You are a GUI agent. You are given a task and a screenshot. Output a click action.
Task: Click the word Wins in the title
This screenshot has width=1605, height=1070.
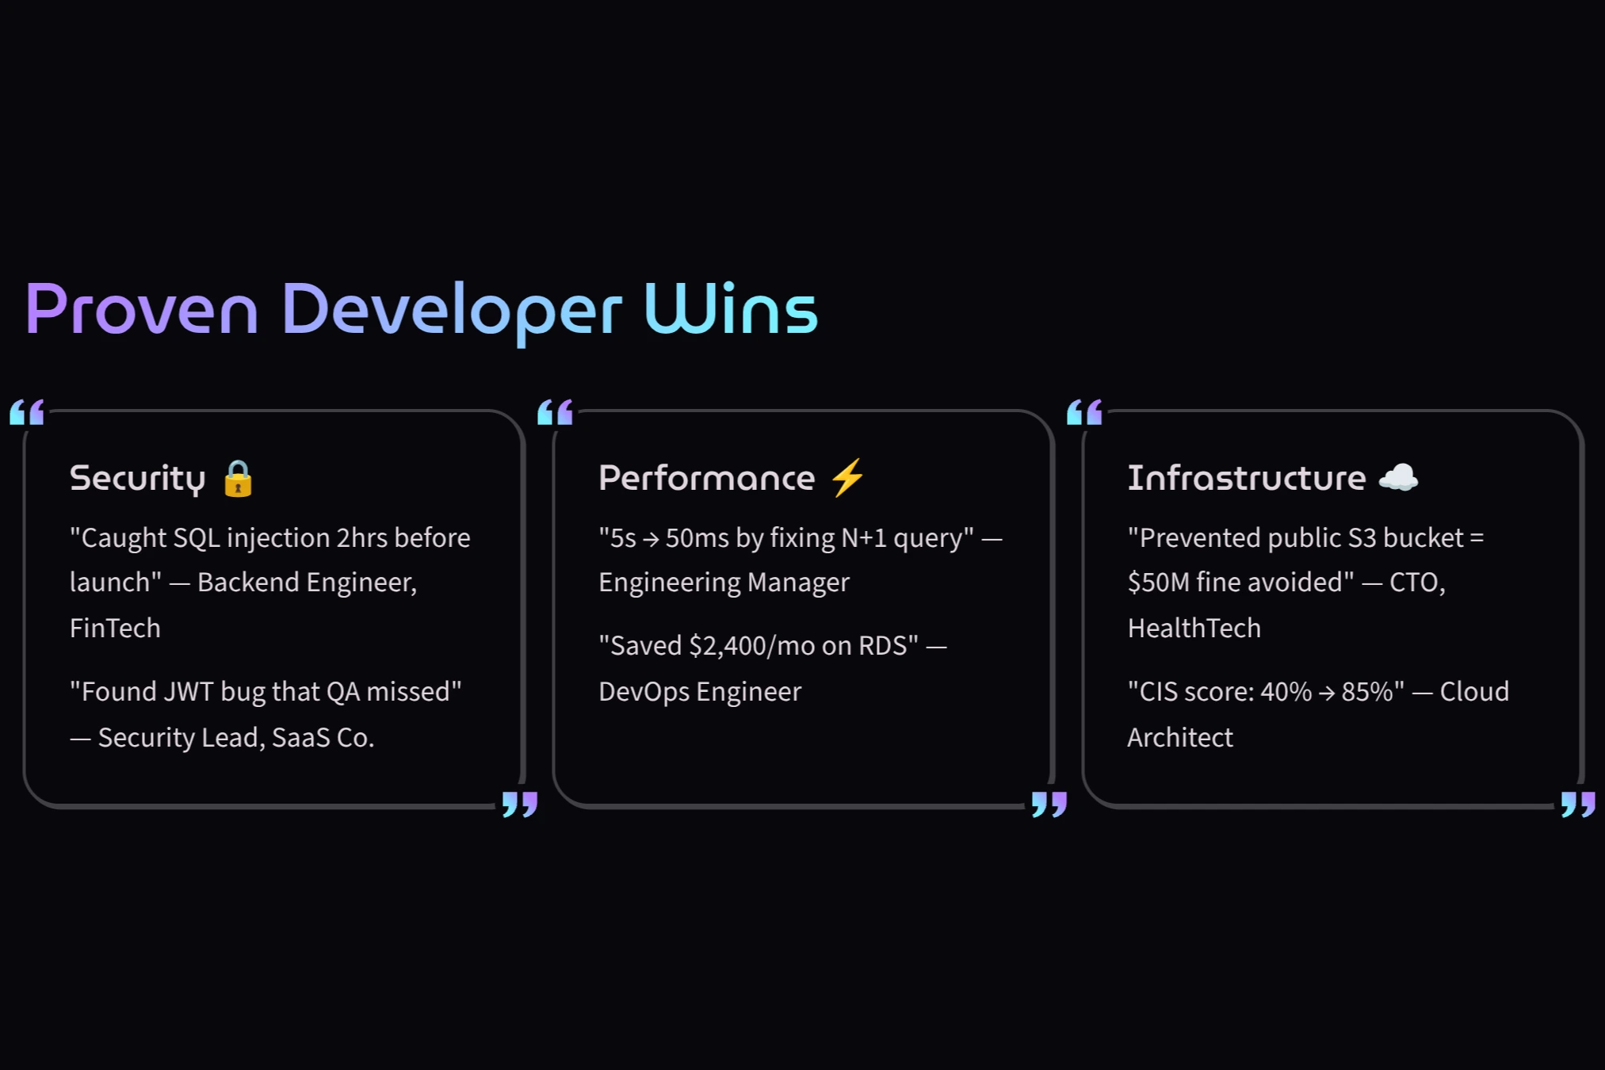pos(730,310)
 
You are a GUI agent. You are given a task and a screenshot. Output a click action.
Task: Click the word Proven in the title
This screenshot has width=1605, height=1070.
pos(142,310)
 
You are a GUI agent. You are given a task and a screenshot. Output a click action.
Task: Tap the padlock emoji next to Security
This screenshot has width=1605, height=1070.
pos(238,479)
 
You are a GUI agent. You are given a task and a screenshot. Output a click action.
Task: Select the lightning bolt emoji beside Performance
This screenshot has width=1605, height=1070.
pos(847,478)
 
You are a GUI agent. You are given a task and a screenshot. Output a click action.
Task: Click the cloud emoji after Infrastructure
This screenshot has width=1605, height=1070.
pos(1398,478)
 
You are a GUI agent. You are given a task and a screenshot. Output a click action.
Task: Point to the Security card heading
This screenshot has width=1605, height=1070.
pos(138,479)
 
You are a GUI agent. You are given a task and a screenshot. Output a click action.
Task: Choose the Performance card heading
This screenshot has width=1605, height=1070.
pos(706,478)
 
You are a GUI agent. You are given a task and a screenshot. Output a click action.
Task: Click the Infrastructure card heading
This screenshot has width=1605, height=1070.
pos(1247,478)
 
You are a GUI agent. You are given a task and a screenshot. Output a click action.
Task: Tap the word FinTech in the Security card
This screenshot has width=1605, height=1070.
pos(115,629)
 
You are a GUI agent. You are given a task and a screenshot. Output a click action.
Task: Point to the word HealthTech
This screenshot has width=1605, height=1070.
pos(1194,629)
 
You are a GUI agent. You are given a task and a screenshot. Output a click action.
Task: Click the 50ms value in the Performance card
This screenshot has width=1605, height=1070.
pos(697,538)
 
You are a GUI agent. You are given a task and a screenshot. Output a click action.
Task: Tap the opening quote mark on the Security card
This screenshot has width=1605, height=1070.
pos(27,413)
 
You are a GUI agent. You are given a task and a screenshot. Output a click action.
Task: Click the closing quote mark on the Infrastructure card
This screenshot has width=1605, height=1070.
pos(1577,804)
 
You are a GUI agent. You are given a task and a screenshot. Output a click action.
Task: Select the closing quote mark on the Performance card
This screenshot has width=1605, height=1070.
pos(1049,804)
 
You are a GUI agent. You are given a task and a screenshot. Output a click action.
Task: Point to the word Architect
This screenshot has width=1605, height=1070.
pos(1179,738)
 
